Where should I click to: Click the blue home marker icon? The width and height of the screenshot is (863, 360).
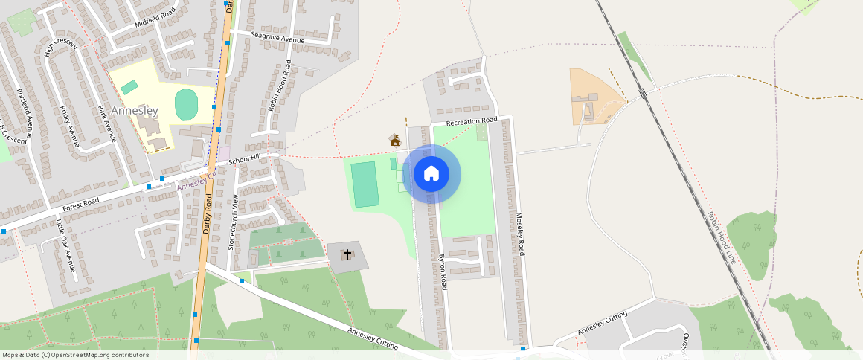click(x=431, y=174)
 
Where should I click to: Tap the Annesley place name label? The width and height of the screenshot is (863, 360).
click(x=135, y=111)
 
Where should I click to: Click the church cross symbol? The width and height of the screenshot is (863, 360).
click(x=347, y=255)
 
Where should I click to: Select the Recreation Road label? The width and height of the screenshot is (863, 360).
click(x=471, y=120)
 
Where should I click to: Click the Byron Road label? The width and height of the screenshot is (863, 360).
click(x=443, y=271)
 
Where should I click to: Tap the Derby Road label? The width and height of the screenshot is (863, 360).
click(x=208, y=214)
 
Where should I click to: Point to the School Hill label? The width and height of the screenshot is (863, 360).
click(x=245, y=159)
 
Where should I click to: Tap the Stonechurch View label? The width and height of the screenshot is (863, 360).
click(x=232, y=222)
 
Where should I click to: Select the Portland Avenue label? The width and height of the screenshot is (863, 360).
click(x=25, y=114)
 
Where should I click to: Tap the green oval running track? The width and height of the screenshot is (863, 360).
click(x=186, y=104)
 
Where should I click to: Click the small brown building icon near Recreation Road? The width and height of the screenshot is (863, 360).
click(x=395, y=140)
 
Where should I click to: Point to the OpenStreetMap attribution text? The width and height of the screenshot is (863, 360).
click(x=76, y=355)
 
